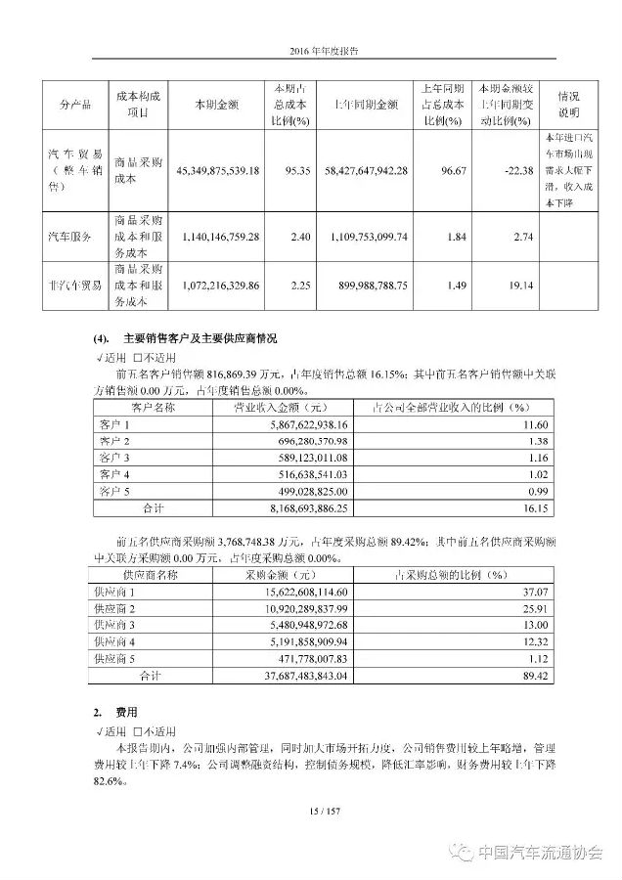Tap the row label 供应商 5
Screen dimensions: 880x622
(114, 658)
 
